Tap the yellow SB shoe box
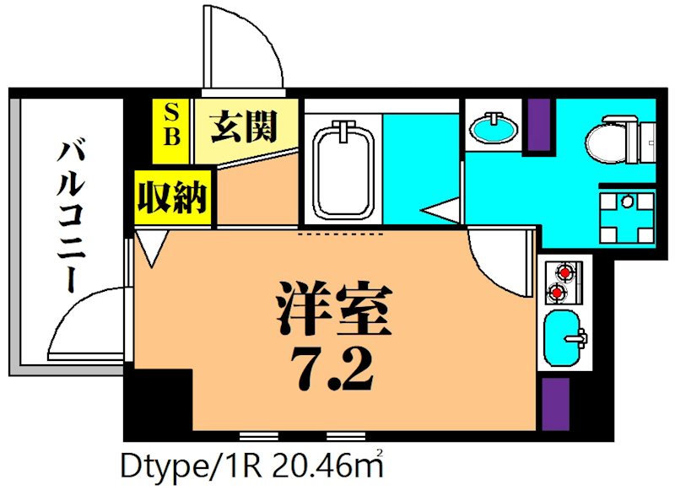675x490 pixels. [x=171, y=125]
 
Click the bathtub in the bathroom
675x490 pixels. [x=343, y=169]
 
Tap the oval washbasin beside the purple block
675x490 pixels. [x=494, y=129]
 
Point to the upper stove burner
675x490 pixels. [x=564, y=272]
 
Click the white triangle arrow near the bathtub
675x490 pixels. [x=442, y=210]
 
